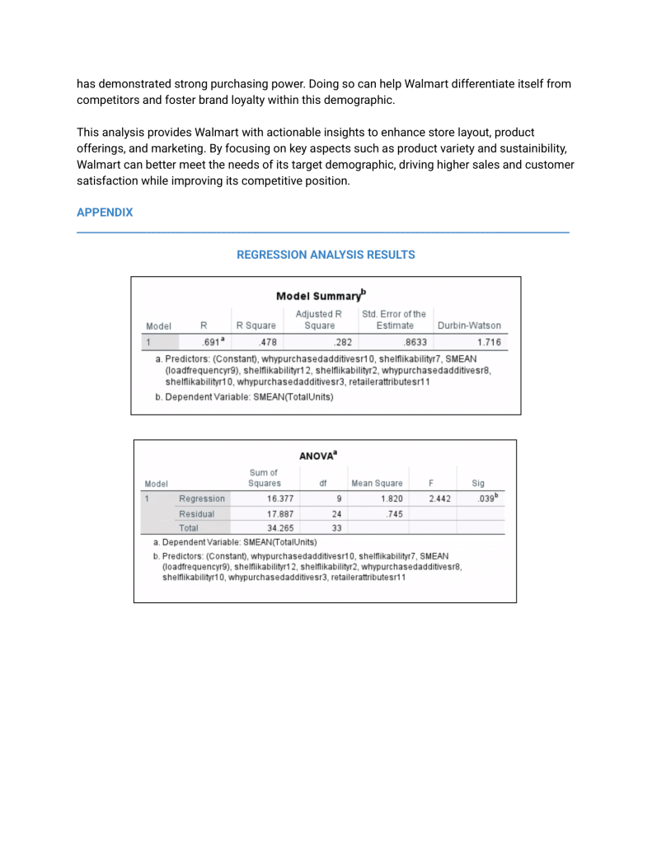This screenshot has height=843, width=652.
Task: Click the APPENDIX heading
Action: (105, 213)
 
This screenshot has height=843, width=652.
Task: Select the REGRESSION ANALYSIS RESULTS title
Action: (326, 255)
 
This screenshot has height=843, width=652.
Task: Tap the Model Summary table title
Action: (321, 297)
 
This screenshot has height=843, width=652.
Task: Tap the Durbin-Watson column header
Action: (469, 325)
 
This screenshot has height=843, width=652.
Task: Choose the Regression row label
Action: (202, 499)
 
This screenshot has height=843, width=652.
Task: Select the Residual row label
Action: (196, 514)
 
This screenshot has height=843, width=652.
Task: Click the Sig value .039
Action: (480, 499)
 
